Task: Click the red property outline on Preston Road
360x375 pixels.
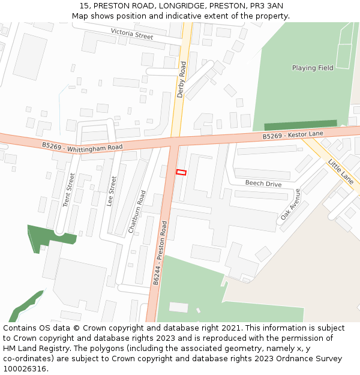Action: pos(181,173)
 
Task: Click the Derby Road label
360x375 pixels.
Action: pos(181,79)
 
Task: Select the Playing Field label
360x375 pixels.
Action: pos(313,68)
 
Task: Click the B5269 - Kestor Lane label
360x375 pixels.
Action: pos(293,136)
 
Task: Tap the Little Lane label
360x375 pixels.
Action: pos(340,171)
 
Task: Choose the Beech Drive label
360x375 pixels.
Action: pos(263,184)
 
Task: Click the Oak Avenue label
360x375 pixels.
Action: pos(290,205)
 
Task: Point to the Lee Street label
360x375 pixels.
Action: pos(111,191)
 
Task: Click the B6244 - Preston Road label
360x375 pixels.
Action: pos(160,252)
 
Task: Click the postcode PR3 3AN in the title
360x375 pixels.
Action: pos(266,6)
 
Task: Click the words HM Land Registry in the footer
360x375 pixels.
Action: pos(32,348)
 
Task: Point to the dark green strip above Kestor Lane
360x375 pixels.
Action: pos(305,125)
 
